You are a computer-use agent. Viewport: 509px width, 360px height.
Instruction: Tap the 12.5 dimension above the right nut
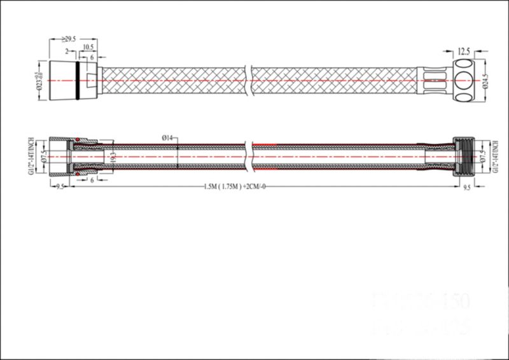464,50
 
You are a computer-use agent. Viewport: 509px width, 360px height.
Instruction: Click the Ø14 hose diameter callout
168,137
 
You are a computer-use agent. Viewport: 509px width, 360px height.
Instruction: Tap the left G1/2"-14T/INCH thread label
31,157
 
